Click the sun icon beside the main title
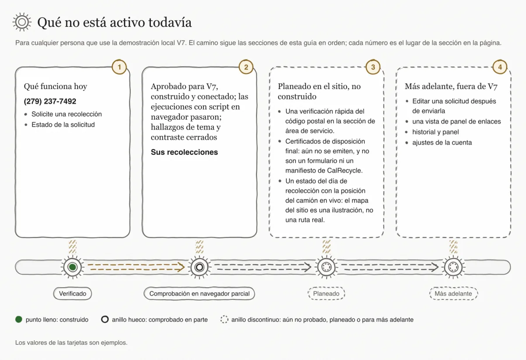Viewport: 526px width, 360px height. [22, 22]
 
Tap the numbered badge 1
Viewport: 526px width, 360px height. [119, 67]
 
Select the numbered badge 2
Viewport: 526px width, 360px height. [246, 67]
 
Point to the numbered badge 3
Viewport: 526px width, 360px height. [373, 67]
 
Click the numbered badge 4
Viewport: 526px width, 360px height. [500, 67]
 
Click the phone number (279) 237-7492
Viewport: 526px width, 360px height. [50, 101]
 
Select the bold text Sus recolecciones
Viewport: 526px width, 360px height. [185, 152]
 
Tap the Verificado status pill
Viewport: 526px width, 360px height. [73, 293]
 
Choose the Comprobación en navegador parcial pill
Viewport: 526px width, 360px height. [199, 293]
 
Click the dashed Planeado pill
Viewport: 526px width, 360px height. [326, 293]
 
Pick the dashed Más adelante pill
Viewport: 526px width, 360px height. [453, 293]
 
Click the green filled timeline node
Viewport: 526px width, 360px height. [73, 267]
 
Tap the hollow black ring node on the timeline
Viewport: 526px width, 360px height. [199, 267]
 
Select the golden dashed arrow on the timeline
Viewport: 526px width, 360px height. [136, 267]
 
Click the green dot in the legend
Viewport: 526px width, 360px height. [19, 319]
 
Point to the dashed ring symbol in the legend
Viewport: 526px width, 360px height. [224, 319]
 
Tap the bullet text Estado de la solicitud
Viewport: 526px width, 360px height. [63, 125]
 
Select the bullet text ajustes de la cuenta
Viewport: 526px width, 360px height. [442, 143]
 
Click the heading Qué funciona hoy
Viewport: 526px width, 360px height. [55, 86]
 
